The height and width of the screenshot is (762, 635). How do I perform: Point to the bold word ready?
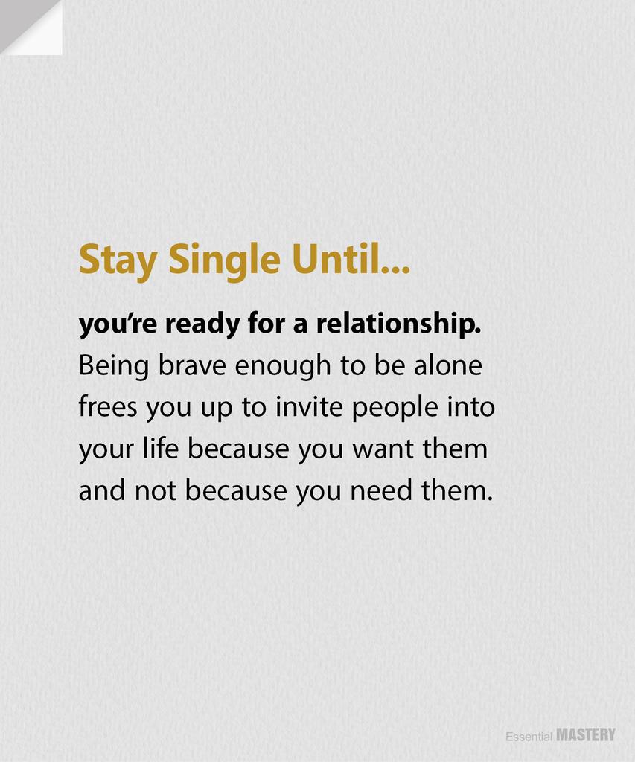200,325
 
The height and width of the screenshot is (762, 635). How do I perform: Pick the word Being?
109,366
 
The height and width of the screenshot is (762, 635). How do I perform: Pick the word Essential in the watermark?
529,737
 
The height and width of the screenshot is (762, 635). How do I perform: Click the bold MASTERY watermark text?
586,735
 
